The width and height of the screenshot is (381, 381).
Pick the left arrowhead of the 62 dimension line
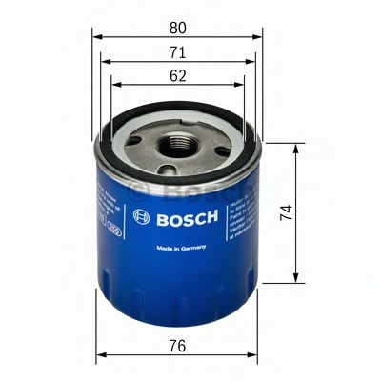point(115,84)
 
